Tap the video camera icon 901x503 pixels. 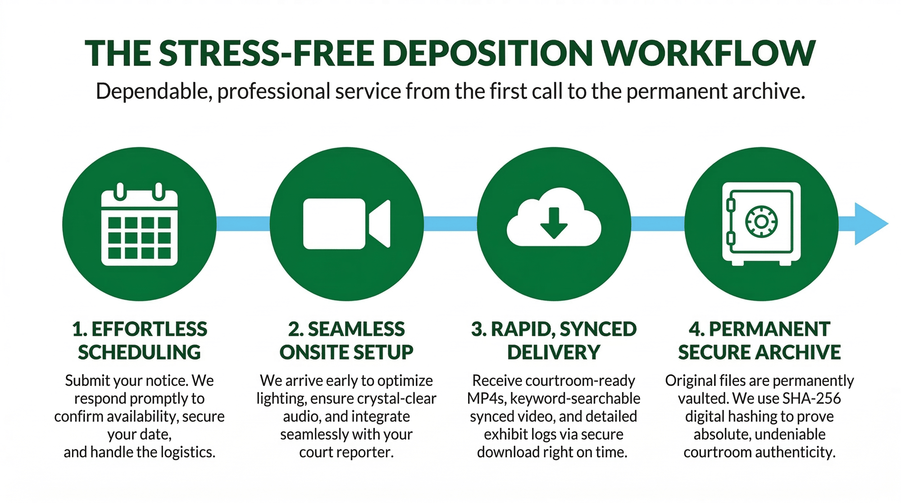click(x=346, y=224)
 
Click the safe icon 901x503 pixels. click(x=761, y=224)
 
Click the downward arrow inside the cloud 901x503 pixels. click(x=554, y=223)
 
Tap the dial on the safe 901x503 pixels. click(x=761, y=221)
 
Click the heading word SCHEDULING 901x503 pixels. click(x=139, y=352)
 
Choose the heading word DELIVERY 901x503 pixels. click(x=554, y=352)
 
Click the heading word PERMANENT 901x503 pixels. click(x=769, y=329)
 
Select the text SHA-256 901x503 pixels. click(x=811, y=398)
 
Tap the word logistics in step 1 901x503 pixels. click(x=182, y=452)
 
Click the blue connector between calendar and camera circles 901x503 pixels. click(x=243, y=224)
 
